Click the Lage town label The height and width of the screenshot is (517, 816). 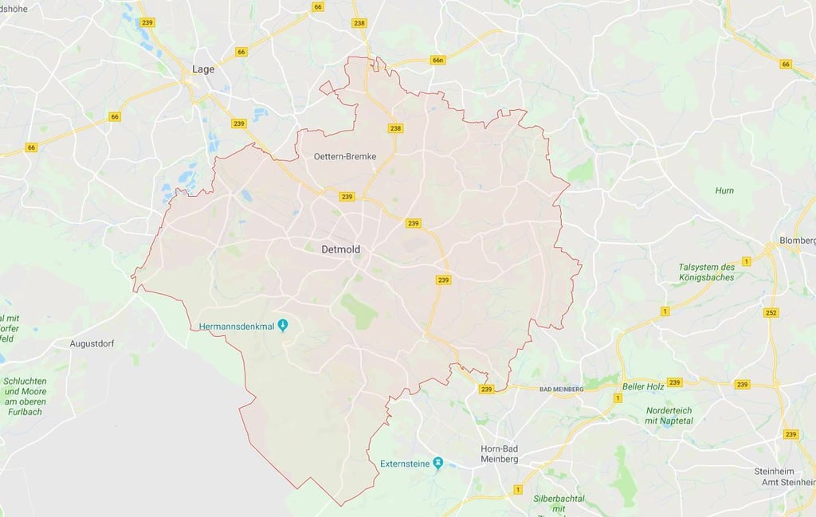[203, 69]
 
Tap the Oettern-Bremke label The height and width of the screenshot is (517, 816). [344, 156]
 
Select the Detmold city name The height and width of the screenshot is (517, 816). [340, 249]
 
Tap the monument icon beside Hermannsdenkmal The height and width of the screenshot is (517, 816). [282, 325]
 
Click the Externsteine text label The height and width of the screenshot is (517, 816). [405, 464]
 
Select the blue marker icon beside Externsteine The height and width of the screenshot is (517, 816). [437, 463]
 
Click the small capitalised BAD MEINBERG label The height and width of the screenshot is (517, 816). [562, 389]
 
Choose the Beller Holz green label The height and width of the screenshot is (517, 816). [644, 385]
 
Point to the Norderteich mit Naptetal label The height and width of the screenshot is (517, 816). [669, 415]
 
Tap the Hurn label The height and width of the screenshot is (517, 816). [724, 190]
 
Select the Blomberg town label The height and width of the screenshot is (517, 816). [798, 241]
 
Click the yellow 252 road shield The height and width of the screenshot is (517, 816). [771, 312]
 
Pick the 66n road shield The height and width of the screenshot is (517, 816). [437, 60]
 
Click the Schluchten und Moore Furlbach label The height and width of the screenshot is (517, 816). [25, 391]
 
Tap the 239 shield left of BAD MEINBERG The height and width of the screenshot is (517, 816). [487, 389]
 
